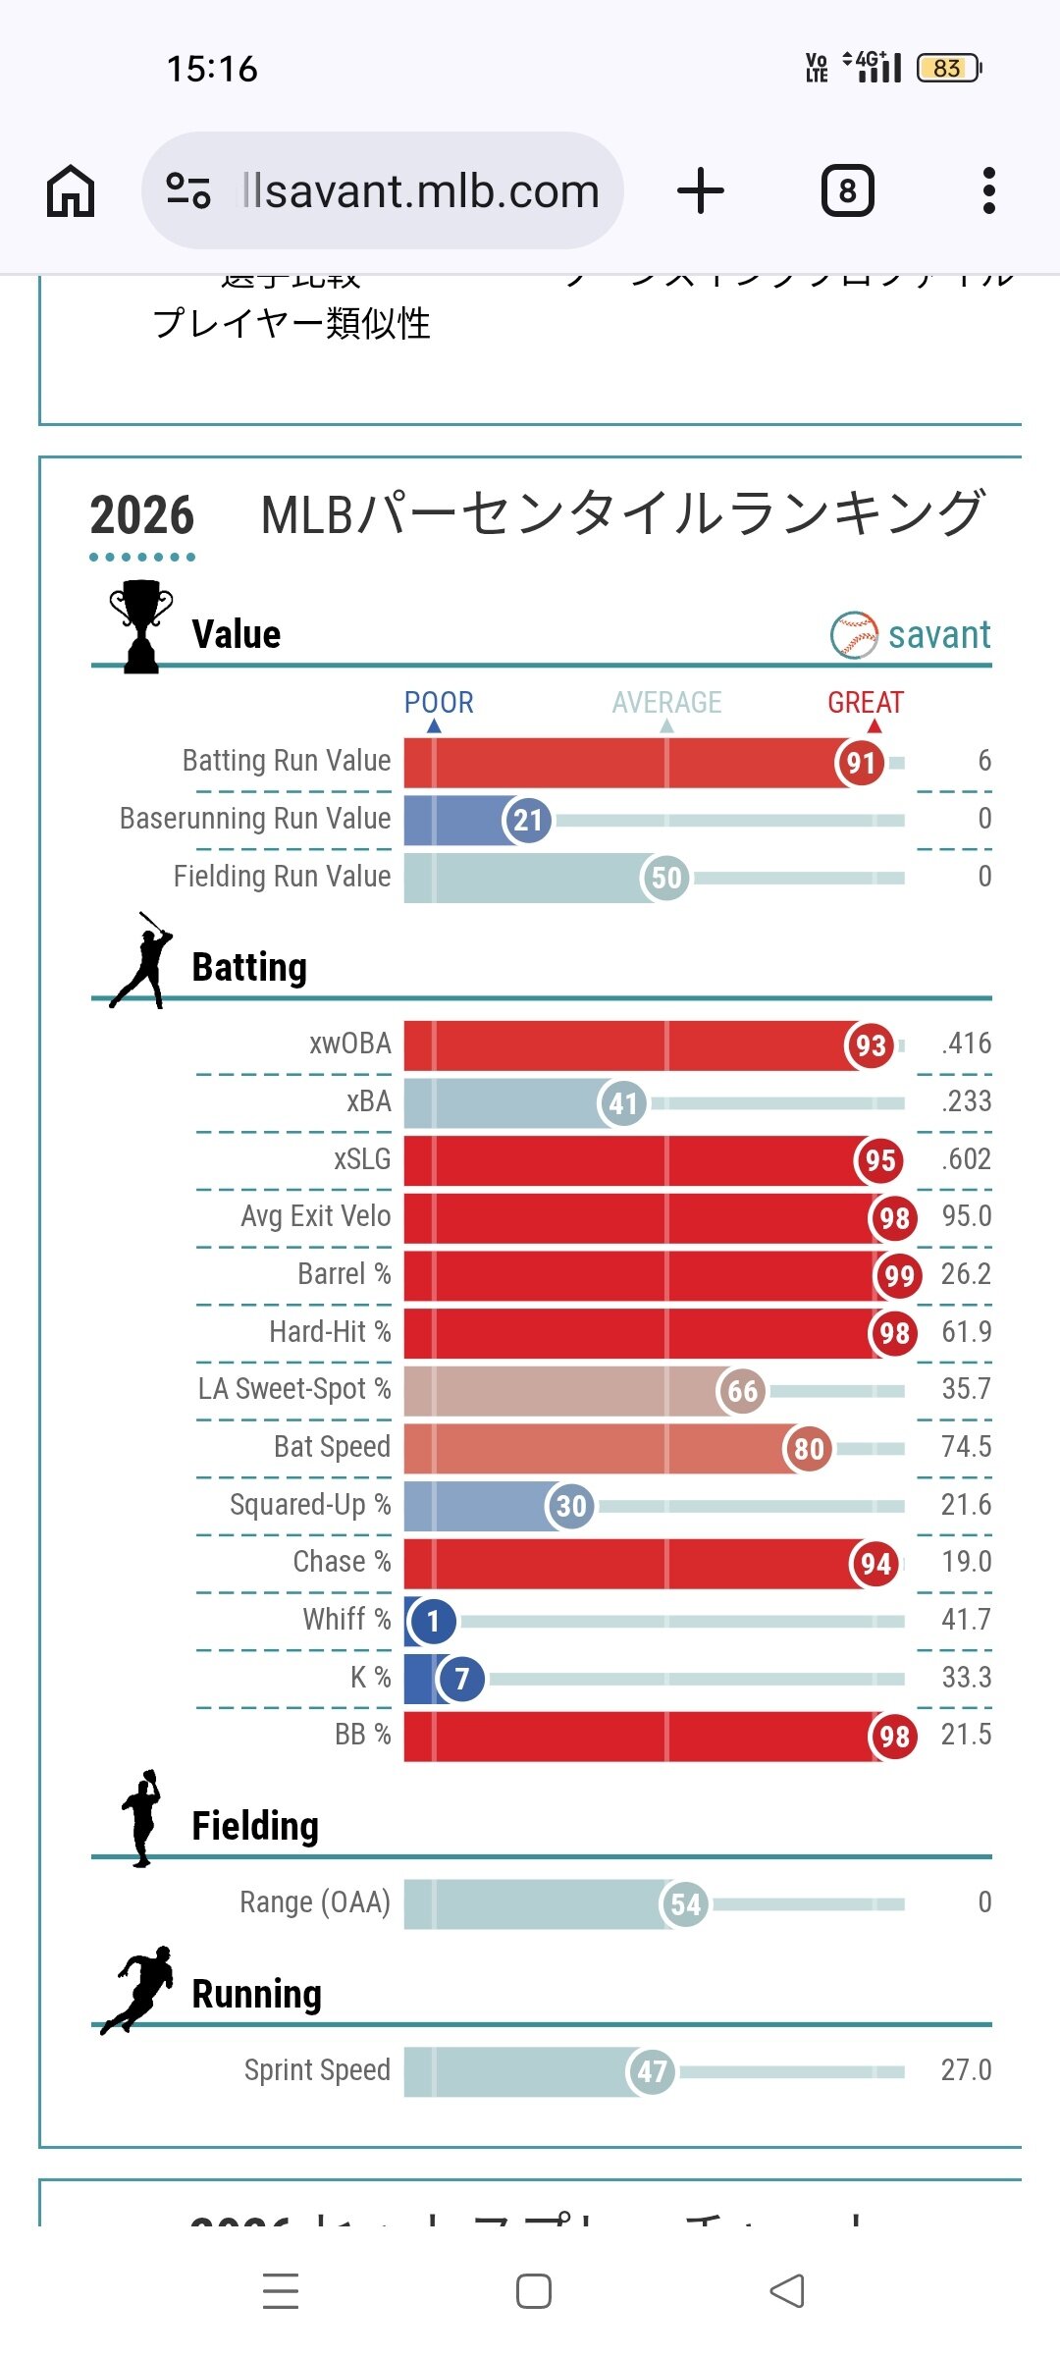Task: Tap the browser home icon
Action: tap(71, 190)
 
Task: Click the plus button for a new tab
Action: tap(701, 190)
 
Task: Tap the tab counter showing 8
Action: tap(847, 190)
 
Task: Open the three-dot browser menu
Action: tap(988, 190)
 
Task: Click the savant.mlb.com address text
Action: tap(420, 190)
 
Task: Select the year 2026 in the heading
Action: tap(142, 516)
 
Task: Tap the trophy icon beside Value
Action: tap(141, 626)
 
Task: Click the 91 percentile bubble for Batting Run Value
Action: tap(861, 763)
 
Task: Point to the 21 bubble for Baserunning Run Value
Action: tap(528, 820)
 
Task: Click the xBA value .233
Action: tap(966, 1101)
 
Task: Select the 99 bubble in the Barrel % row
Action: tap(899, 1275)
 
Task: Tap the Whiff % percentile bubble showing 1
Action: tap(433, 1621)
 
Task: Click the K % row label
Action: tap(370, 1678)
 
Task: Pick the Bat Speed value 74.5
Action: tap(966, 1447)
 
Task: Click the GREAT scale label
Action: tap(865, 703)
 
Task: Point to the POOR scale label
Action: tap(439, 703)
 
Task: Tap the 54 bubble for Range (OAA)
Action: tap(685, 1904)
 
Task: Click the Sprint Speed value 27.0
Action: tap(966, 2070)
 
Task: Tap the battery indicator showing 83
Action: tap(948, 68)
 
